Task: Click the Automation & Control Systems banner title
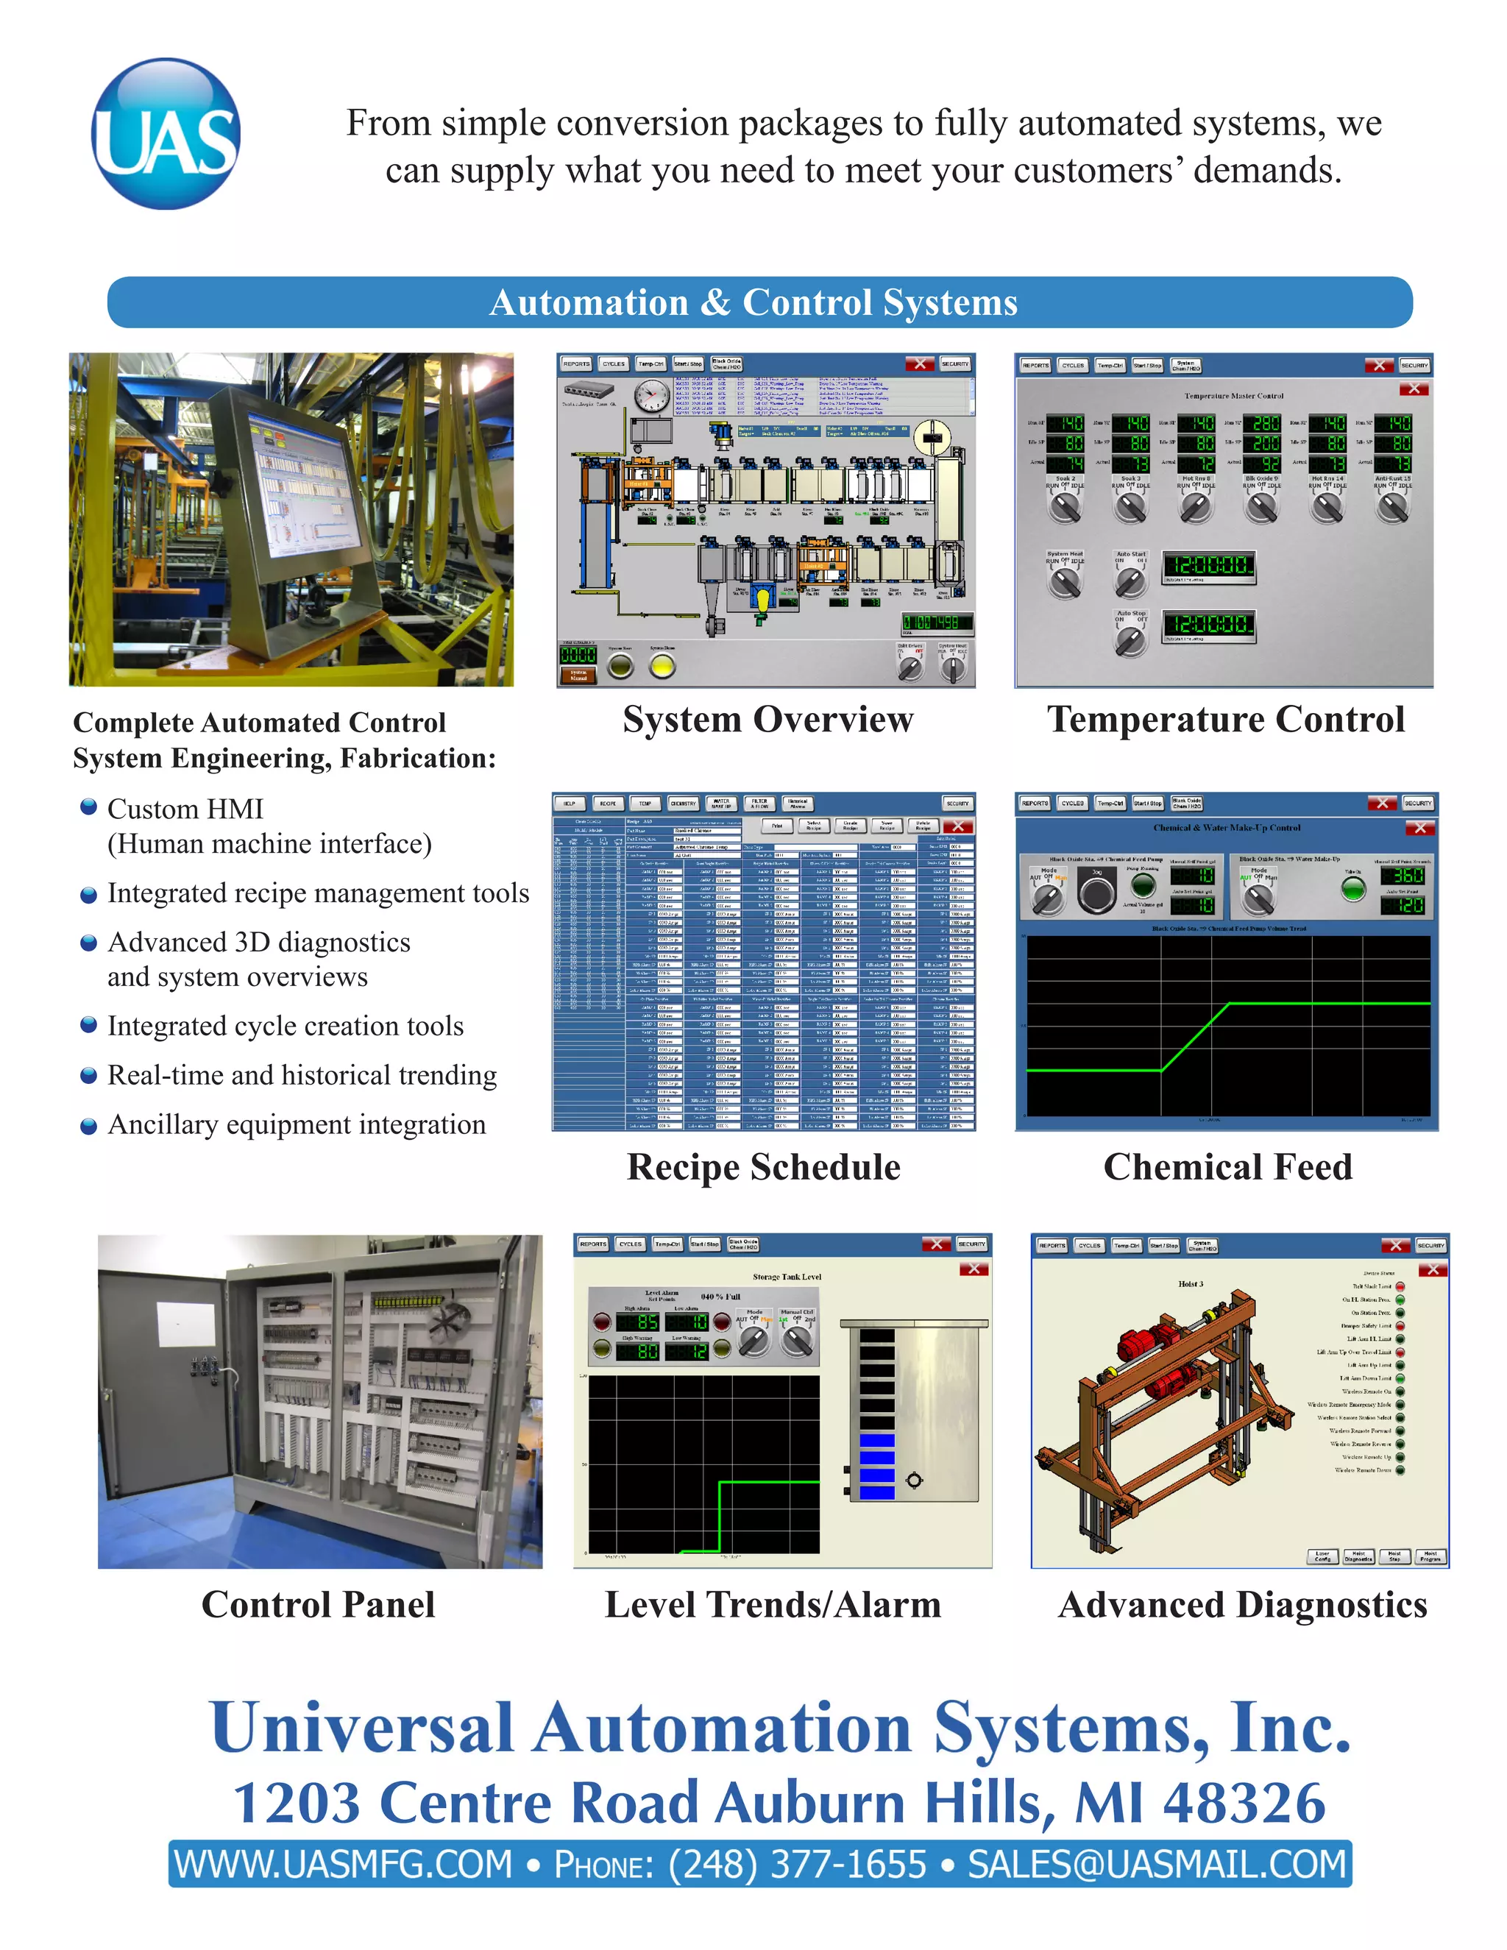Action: tap(753, 302)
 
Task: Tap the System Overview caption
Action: tap(767, 720)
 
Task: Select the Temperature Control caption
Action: tap(1226, 720)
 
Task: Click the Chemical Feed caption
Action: tap(1227, 1167)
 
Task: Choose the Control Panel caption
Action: tap(318, 1604)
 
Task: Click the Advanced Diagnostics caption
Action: tap(1242, 1604)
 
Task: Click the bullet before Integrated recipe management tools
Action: tap(88, 895)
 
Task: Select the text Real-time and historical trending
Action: tap(302, 1075)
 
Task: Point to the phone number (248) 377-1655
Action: tap(797, 1865)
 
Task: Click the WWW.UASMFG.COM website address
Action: tap(343, 1865)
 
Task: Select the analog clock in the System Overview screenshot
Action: tap(653, 394)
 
